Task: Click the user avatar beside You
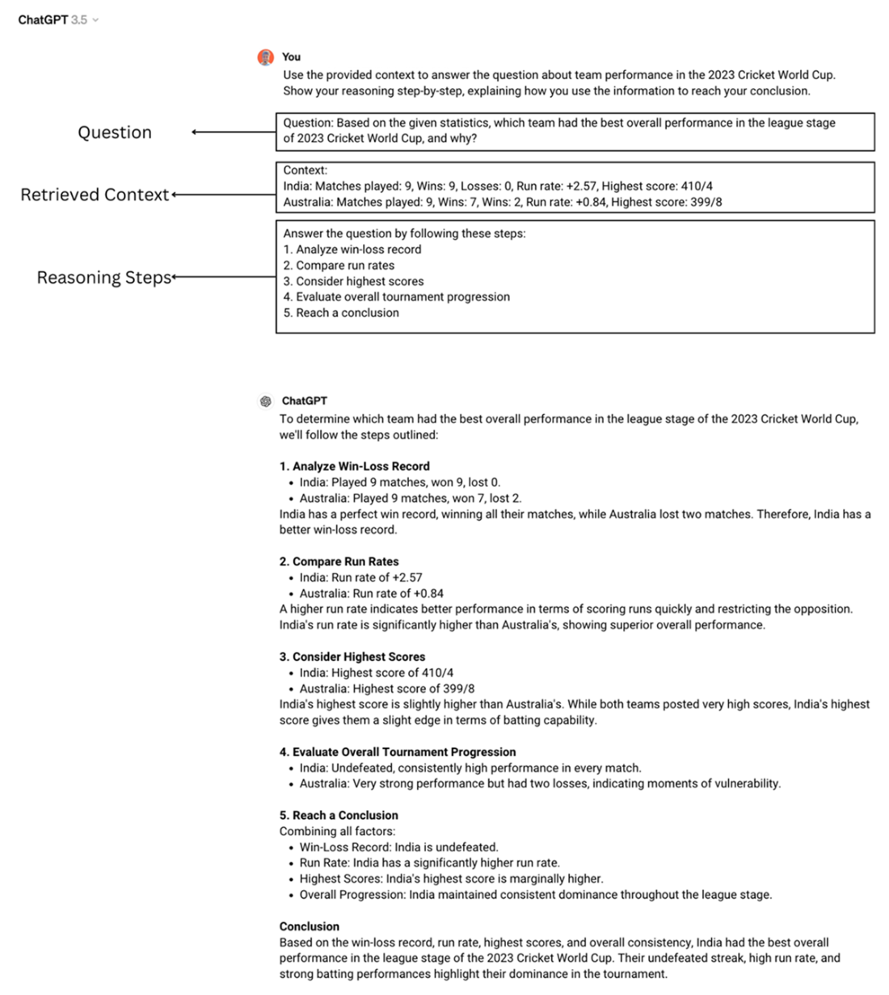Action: coord(265,57)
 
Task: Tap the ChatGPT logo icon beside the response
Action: coord(265,401)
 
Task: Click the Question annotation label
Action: coord(114,132)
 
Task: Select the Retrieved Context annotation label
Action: coord(95,195)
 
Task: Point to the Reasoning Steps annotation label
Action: coord(103,278)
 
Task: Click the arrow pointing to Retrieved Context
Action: coord(223,195)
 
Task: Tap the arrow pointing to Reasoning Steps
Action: coord(224,278)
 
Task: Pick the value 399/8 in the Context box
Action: coord(706,202)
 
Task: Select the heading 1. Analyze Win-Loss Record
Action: coord(354,466)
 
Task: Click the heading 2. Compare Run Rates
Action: coord(339,561)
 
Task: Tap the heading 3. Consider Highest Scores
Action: coord(352,657)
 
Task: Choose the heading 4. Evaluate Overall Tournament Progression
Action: coord(397,752)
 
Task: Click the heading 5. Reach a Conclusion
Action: coord(339,815)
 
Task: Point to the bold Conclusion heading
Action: coord(309,926)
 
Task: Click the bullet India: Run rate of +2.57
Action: coord(360,577)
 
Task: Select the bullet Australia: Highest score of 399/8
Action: coord(386,689)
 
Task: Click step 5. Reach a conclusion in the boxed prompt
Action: coord(340,313)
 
